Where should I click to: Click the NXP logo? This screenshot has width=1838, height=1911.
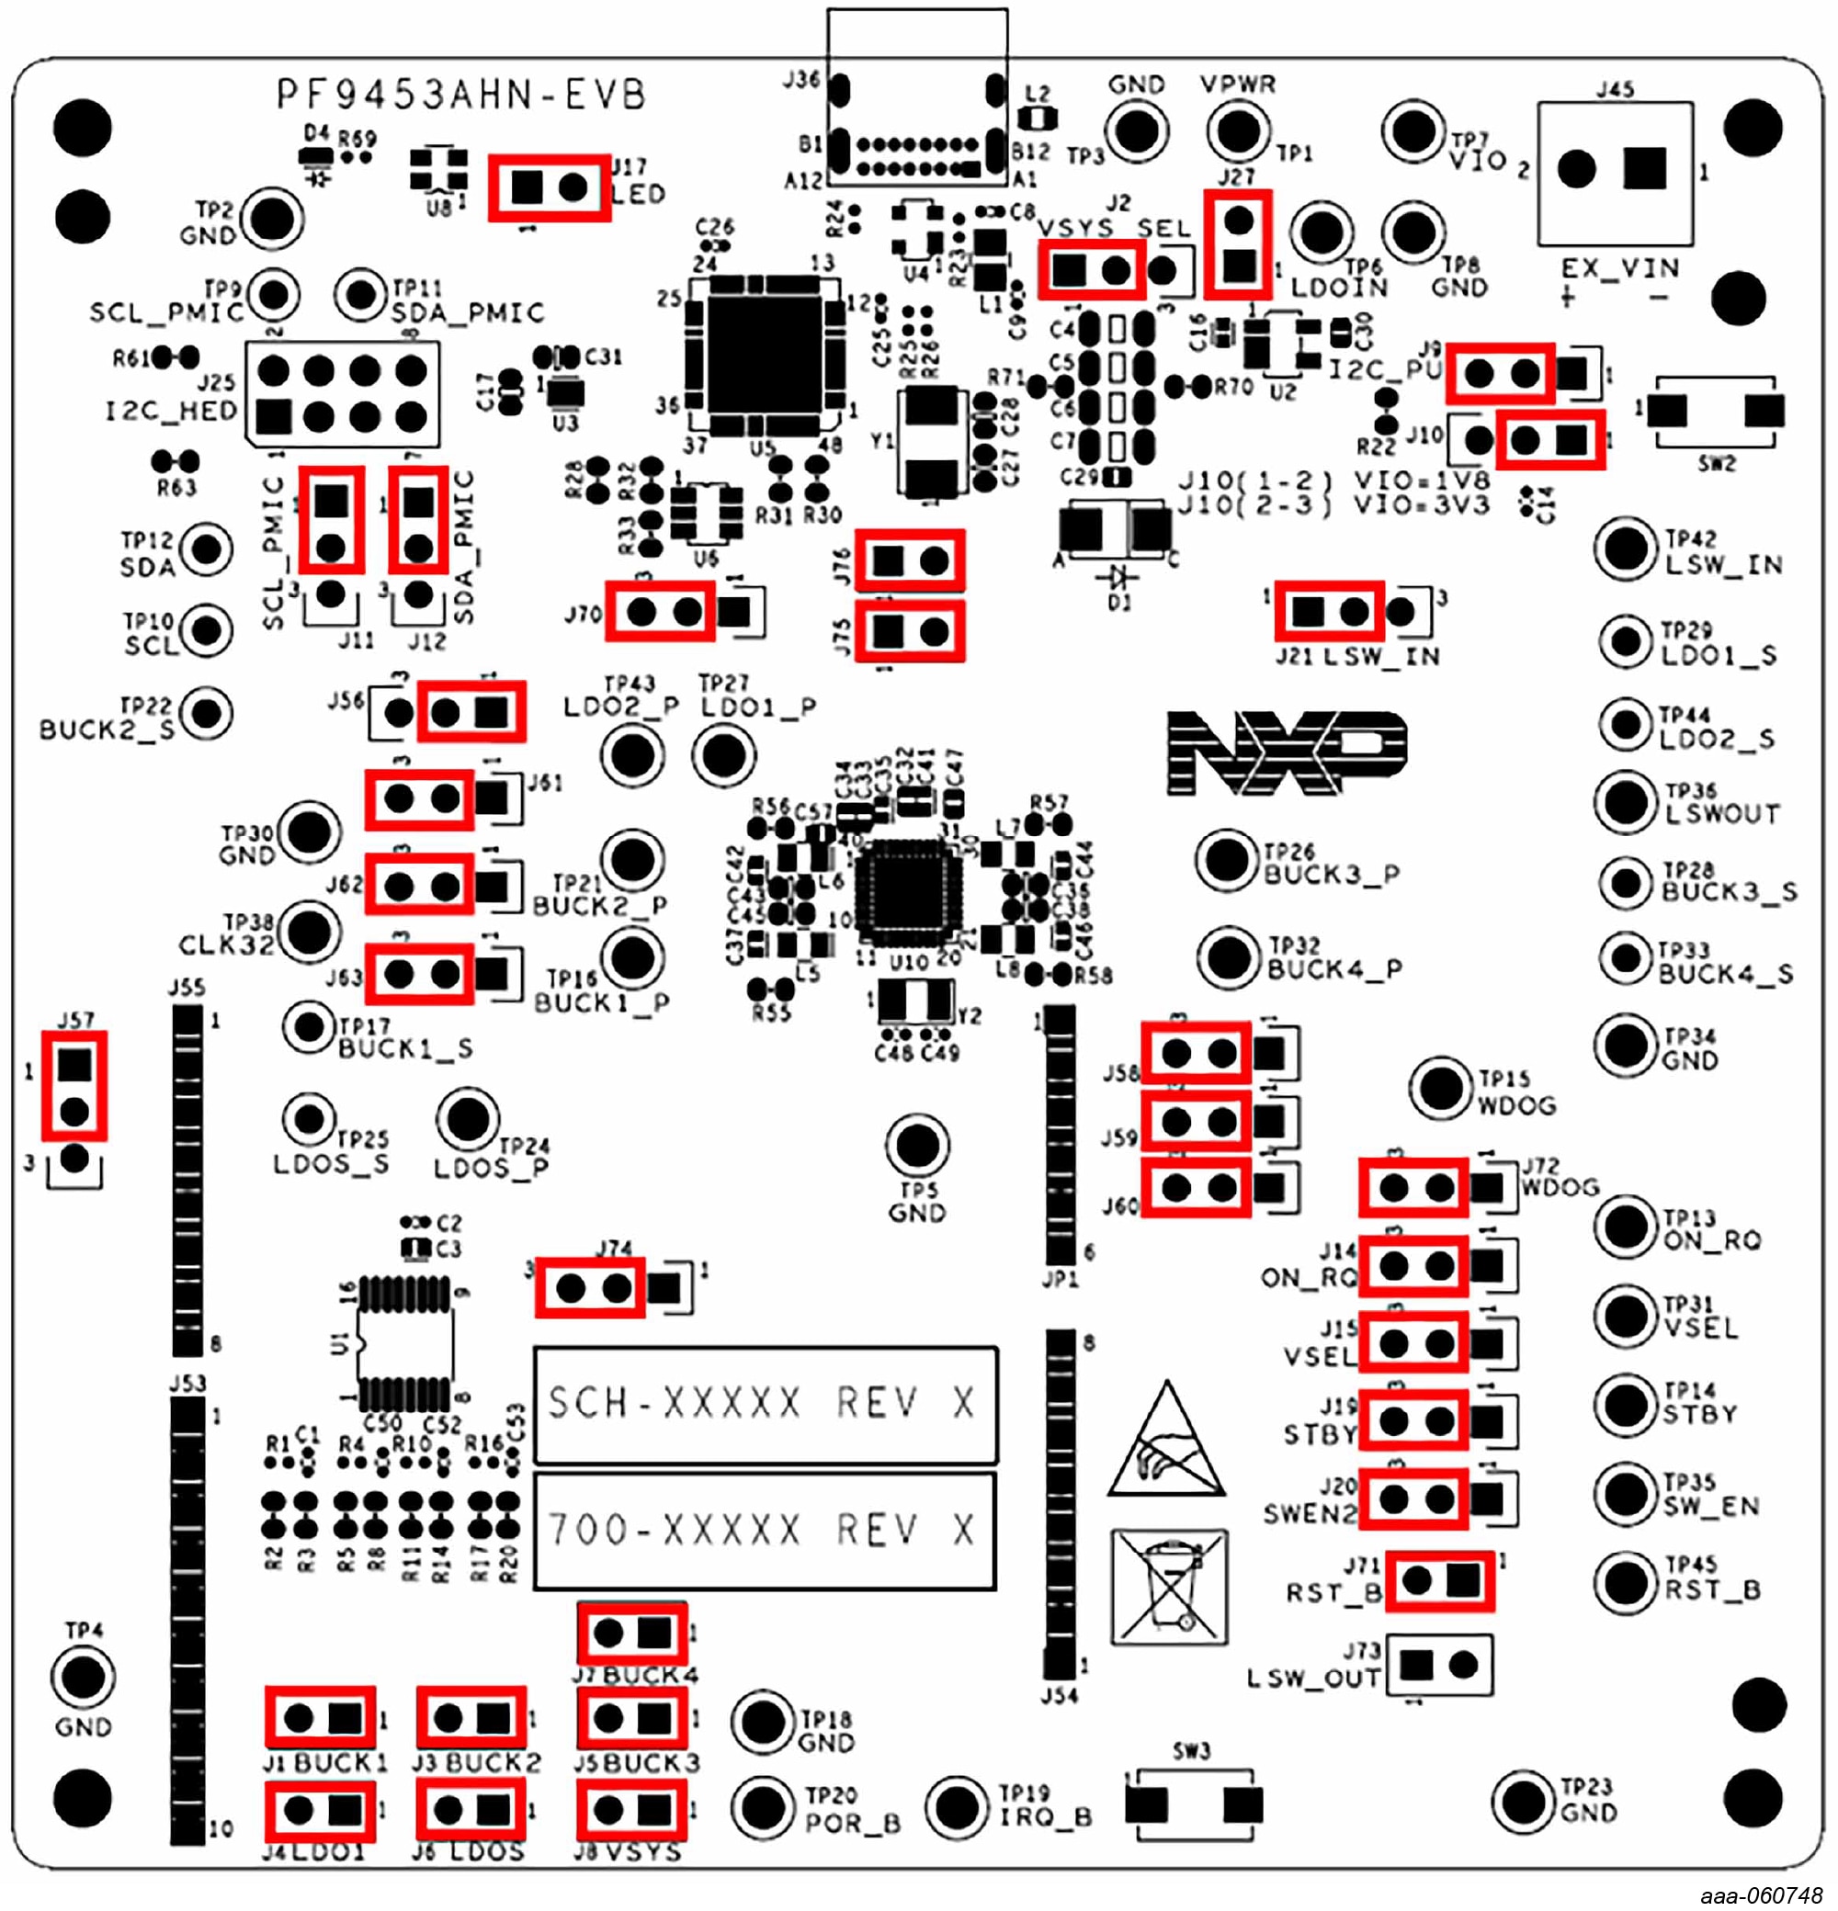pyautogui.click(x=1288, y=752)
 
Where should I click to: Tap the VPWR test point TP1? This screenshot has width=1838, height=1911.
pyautogui.click(x=1238, y=130)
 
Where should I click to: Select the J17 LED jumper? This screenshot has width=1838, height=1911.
pyautogui.click(x=549, y=187)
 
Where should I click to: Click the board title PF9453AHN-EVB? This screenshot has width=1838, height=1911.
pyautogui.click(x=461, y=96)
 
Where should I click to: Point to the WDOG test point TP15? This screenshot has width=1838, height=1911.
pyautogui.click(x=1440, y=1087)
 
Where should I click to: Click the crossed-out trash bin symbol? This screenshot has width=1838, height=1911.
pyautogui.click(x=1169, y=1588)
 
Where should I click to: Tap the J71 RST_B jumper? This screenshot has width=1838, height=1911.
pyautogui.click(x=1439, y=1580)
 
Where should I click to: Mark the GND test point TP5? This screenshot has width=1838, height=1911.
pyautogui.click(x=916, y=1147)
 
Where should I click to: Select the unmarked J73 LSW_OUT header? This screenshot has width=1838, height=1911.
pyautogui.click(x=1439, y=1666)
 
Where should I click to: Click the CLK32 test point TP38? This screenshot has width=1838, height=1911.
pyautogui.click(x=309, y=931)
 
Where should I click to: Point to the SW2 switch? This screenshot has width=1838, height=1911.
pyautogui.click(x=1715, y=411)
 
